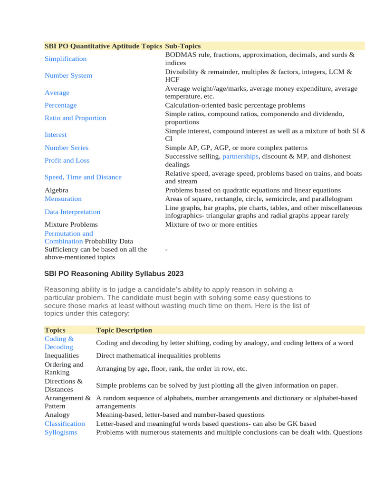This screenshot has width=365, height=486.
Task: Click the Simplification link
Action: [x=66, y=59]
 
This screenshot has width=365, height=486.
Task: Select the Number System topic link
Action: [x=68, y=75]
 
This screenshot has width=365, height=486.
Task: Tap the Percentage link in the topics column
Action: [x=60, y=105]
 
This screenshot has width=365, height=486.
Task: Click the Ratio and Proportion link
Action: [x=75, y=118]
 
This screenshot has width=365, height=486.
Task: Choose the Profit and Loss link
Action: [x=67, y=160]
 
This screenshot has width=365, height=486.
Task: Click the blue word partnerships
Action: [x=240, y=156]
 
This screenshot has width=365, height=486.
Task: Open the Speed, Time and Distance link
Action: [x=83, y=177]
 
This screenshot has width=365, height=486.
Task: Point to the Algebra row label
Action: [x=56, y=190]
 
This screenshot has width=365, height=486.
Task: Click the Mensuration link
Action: [x=63, y=199]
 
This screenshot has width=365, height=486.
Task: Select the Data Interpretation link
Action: [x=72, y=212]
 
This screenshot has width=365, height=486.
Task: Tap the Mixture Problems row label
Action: [x=71, y=224]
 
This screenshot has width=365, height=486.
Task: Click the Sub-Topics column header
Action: [x=183, y=46]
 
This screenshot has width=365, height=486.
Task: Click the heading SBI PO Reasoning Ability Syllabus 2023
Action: [x=114, y=274]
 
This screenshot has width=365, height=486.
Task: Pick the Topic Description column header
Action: [x=124, y=330]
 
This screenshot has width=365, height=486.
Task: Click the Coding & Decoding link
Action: [x=59, y=343]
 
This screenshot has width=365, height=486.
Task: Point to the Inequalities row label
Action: [x=62, y=355]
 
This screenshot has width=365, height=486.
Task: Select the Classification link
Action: [x=65, y=423]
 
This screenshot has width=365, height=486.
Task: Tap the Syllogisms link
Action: [x=61, y=432]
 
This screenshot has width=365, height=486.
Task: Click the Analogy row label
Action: [x=57, y=414]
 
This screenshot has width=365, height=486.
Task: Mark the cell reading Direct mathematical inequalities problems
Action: [x=158, y=355]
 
